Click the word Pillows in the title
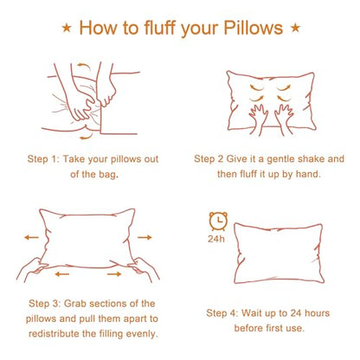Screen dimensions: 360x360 point(253,28)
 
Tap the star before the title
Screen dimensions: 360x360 point(67,29)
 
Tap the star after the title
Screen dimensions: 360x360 point(295,28)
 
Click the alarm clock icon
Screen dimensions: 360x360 point(218,222)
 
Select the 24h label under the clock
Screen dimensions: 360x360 point(216,239)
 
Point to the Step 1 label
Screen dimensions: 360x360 point(43,159)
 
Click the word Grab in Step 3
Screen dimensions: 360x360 point(74,304)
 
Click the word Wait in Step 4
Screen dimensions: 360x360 point(250,313)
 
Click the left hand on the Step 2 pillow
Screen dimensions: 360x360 point(259,118)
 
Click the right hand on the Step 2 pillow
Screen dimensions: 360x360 point(284,118)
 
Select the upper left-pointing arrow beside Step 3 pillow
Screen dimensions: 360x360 point(31,237)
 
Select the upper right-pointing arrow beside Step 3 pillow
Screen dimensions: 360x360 point(145,237)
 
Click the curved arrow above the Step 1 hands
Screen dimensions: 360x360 point(83,67)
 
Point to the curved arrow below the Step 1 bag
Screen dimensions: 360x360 point(87,137)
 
